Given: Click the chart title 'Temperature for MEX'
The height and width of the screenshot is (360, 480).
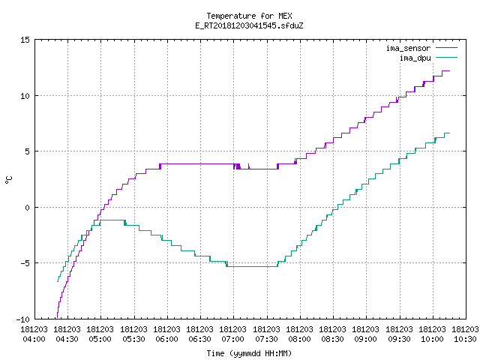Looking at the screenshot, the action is [249, 16].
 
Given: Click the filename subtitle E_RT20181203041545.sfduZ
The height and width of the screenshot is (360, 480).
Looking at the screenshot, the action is [249, 25].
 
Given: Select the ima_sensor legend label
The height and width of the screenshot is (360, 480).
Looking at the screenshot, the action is [408, 48].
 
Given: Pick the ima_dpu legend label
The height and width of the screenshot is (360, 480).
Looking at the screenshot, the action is [415, 58].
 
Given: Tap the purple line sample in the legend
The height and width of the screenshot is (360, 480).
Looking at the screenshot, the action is [446, 48].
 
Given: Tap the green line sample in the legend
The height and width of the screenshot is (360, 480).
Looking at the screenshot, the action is [446, 58].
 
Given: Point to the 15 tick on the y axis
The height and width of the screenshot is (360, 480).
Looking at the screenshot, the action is [25, 40].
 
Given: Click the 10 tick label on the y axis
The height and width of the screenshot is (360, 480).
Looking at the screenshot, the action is [25, 96].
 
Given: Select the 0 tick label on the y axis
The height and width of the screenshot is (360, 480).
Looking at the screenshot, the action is [27, 208].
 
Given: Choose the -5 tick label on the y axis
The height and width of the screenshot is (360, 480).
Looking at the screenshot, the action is [25, 263].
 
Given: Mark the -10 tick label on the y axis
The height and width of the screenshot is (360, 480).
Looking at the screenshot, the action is [23, 319].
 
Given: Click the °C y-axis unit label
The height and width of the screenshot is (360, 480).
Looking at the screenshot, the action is [8, 180].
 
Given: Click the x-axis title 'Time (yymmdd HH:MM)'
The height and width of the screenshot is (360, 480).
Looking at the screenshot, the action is [249, 353].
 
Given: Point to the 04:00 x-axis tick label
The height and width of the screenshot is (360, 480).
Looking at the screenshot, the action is [34, 334].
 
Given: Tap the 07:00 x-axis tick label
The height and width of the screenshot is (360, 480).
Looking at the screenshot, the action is [233, 334].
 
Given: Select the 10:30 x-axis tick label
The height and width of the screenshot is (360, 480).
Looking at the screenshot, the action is [465, 334].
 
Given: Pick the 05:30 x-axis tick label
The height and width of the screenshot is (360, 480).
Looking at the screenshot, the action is [133, 334].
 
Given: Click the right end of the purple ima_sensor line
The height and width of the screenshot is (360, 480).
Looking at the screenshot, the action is [449, 70].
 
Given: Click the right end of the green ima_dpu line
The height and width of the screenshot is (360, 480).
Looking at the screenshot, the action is [449, 133].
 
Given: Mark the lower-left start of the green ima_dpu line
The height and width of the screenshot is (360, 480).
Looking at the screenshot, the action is [58, 281].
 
